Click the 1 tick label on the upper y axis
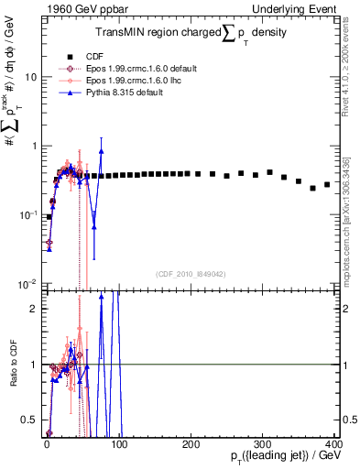pos(33,146)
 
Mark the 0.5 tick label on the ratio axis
pos(29,420)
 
